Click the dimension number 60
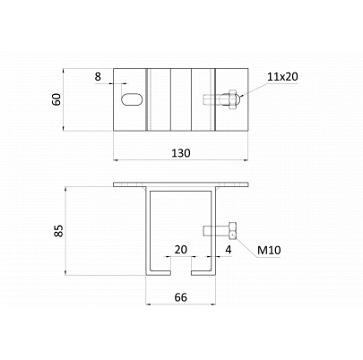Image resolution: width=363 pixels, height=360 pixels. [56, 99]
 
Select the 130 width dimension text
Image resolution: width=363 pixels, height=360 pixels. [182, 153]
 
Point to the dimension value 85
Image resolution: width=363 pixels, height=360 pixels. [56, 232]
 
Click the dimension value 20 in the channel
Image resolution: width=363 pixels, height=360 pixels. [180, 250]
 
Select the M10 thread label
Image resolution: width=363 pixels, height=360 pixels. [268, 250]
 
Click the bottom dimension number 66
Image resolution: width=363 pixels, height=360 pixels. [181, 298]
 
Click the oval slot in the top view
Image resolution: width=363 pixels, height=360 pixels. [131, 99]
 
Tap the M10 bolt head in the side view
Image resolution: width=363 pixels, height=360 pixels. [232, 229]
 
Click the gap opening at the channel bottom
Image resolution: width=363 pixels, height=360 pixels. [182, 268]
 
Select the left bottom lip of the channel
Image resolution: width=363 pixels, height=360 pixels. [161, 269]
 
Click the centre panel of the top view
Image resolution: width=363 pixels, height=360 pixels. [181, 99]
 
